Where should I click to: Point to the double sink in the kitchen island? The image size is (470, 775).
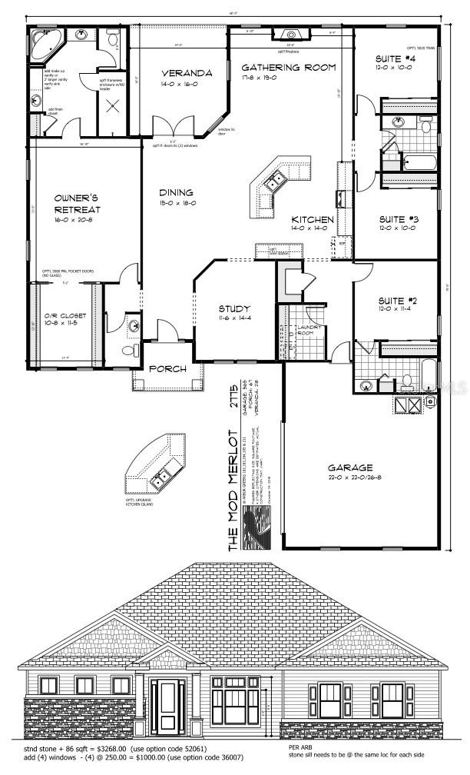click(x=274, y=181)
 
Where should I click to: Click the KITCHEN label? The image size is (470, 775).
click(x=312, y=220)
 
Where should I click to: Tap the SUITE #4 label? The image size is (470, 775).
click(x=396, y=58)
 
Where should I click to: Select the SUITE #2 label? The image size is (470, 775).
click(x=396, y=300)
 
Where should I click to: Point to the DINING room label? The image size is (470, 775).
click(x=176, y=193)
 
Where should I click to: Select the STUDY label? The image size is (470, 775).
click(x=234, y=309)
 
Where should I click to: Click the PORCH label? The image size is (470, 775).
click(x=167, y=369)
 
